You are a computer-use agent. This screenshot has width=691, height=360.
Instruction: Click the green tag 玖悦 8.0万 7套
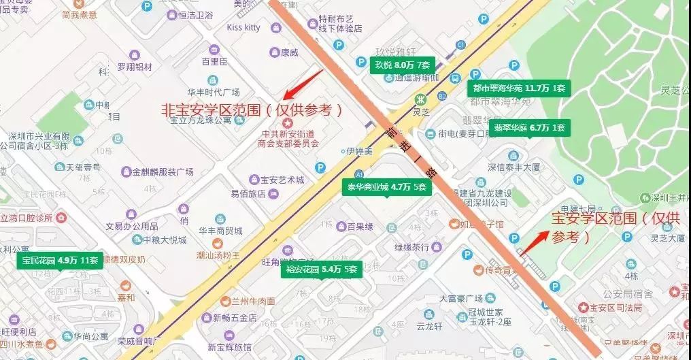tap(402, 65)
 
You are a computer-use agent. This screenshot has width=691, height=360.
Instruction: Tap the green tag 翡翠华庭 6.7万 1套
tap(530, 127)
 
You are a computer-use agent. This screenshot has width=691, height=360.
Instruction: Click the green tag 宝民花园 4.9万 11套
tap(60, 260)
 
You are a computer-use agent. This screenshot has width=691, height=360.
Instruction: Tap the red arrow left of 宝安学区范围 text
tap(533, 239)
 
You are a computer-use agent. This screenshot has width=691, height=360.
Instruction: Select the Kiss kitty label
tap(243, 27)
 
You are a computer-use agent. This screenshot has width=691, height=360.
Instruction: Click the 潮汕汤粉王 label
tap(214, 255)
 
